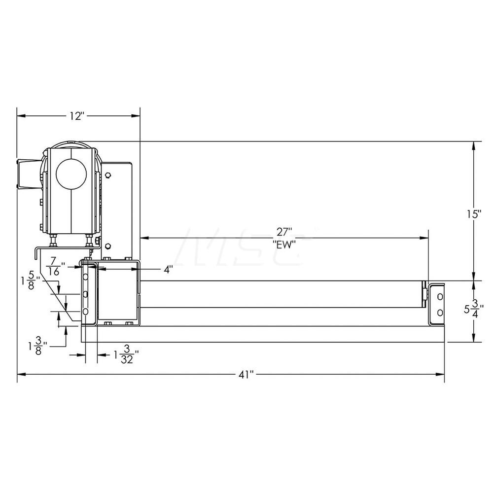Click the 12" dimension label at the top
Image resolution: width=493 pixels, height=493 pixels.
77,116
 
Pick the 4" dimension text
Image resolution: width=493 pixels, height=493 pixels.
169,270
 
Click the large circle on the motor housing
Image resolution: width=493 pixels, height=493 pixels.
70,174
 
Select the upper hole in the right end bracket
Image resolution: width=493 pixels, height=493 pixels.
440,297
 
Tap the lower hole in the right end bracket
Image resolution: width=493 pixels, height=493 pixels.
440,312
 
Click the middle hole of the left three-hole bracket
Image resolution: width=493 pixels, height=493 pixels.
86,295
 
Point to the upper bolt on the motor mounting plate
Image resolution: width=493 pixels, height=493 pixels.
108,176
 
